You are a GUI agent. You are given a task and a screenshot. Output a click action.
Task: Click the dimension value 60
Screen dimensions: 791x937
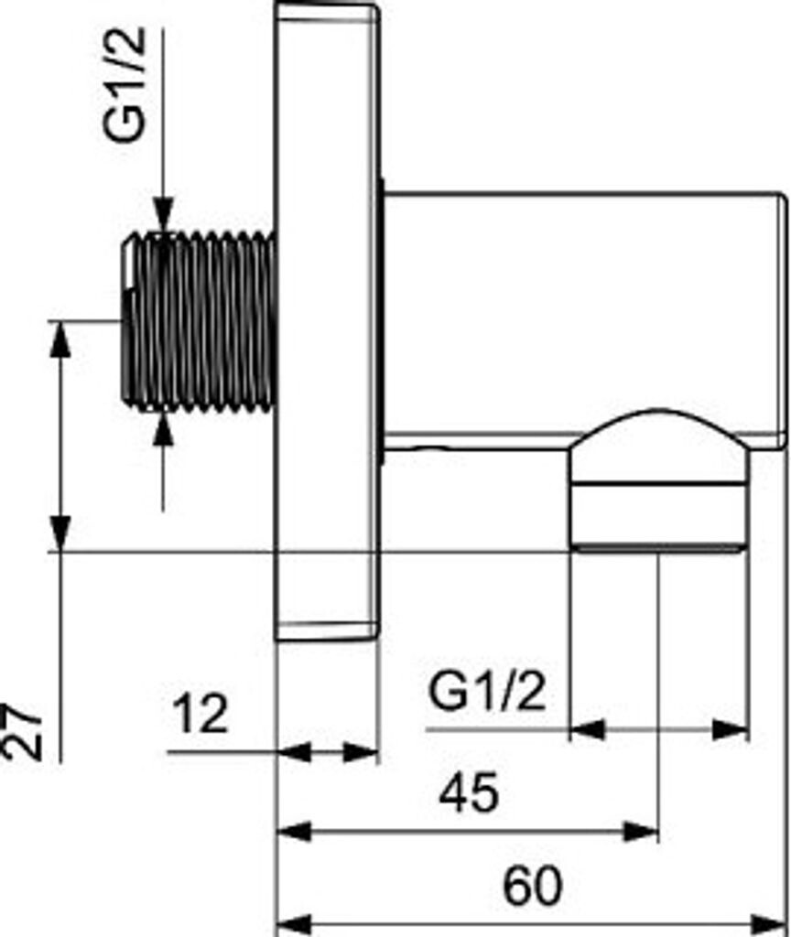(532, 886)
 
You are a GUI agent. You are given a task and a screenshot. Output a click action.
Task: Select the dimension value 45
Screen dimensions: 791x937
(469, 792)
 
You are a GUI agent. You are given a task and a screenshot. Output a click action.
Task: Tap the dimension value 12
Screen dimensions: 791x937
(200, 714)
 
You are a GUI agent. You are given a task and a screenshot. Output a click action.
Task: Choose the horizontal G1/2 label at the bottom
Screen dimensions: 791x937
(487, 694)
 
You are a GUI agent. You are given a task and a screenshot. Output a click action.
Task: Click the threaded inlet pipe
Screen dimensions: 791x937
(200, 320)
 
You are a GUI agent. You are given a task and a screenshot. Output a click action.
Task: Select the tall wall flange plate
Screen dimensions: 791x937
(328, 320)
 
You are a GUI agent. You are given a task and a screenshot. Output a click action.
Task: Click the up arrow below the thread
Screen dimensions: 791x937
(163, 428)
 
